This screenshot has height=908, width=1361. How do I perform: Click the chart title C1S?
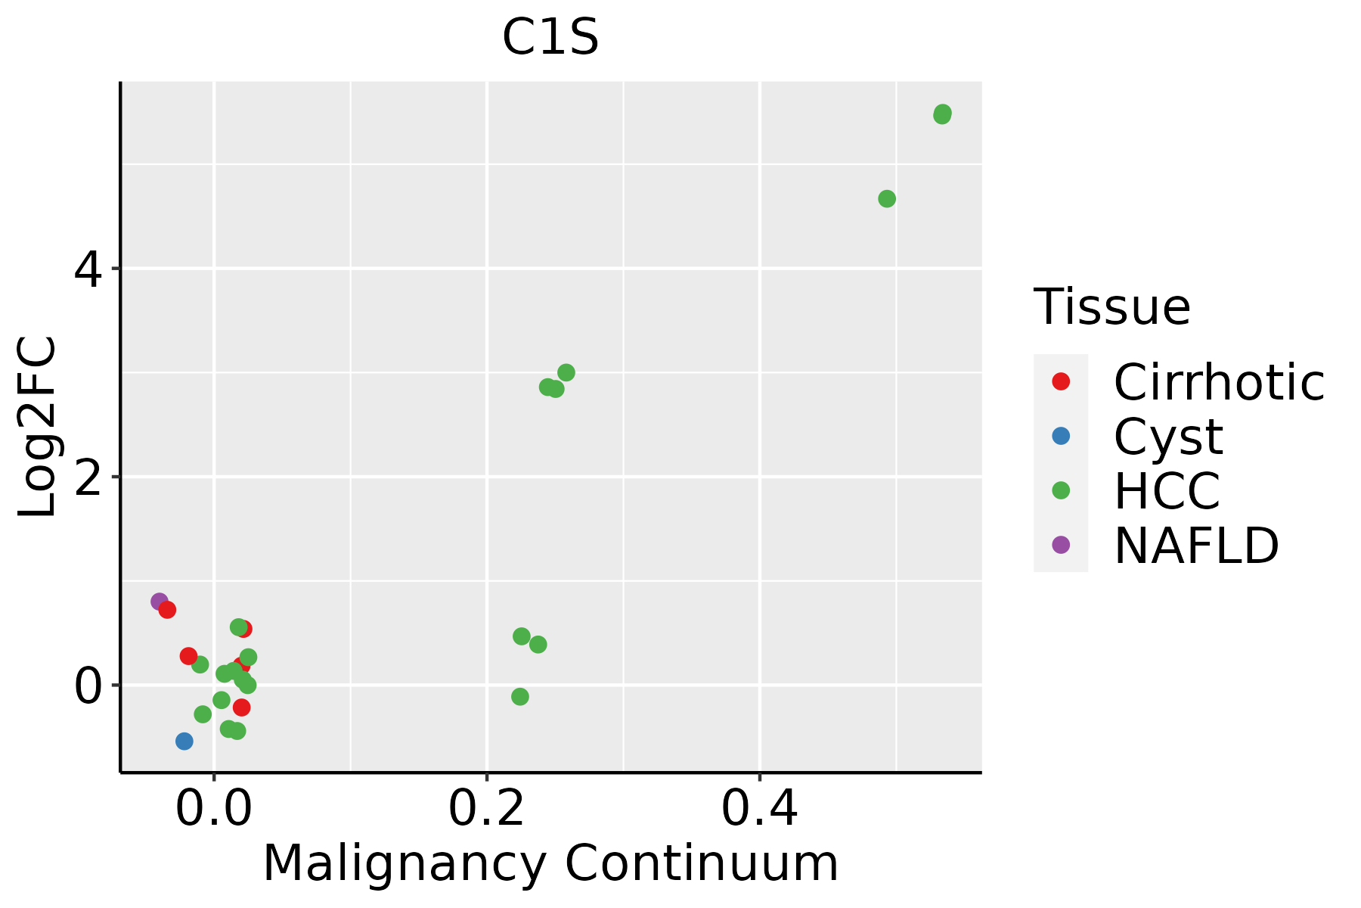(550, 38)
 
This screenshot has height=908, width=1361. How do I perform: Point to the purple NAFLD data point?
(159, 602)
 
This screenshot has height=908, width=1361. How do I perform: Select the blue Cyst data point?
(184, 741)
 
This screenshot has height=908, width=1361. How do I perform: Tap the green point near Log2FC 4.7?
(887, 199)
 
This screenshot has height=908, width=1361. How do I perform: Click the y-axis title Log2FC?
(38, 428)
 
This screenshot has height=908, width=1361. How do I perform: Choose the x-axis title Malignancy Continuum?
(550, 864)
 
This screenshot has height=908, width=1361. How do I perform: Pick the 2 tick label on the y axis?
(88, 477)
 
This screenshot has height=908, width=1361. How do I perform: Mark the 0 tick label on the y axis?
(88, 686)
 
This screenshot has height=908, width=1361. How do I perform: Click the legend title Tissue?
(1111, 307)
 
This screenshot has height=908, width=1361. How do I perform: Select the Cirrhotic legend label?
(1219, 382)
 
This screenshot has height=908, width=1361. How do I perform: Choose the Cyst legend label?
(1168, 437)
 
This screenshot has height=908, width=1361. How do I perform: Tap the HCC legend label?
(1167, 491)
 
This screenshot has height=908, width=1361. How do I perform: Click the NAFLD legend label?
(1196, 546)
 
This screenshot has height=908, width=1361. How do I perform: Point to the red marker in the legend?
(1061, 381)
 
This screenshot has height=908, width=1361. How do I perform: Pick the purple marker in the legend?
(1061, 545)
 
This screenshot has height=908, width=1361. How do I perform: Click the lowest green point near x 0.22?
(519, 696)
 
